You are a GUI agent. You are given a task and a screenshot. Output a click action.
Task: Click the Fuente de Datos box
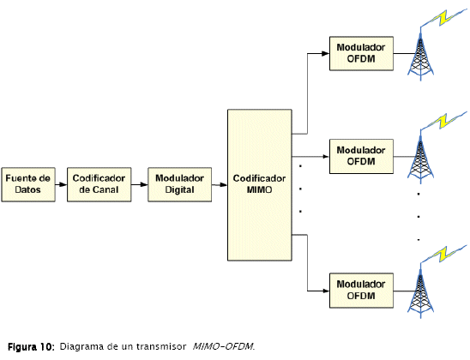point(28,184)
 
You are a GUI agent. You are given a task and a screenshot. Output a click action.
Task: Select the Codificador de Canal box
point(99,184)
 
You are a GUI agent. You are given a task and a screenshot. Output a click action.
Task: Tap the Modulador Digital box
point(179,184)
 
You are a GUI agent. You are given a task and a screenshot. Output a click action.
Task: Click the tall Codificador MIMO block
point(260,185)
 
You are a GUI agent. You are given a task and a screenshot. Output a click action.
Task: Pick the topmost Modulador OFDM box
point(361,54)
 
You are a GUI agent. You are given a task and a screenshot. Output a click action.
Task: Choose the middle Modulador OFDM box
point(361,156)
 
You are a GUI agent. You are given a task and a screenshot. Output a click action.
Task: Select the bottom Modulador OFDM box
point(361,291)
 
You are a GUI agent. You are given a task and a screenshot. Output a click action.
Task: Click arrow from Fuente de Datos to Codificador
point(61,184)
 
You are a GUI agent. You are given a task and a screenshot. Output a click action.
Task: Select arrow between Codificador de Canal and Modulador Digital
point(140,184)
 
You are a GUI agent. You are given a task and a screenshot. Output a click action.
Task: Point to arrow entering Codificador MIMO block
point(220,185)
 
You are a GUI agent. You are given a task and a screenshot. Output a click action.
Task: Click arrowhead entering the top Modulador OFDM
point(326,54)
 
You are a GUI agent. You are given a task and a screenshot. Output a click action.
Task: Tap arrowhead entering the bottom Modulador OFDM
point(326,291)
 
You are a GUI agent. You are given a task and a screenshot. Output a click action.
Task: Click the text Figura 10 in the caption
point(31,347)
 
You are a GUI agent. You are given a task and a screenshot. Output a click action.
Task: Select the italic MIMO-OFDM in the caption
point(223,346)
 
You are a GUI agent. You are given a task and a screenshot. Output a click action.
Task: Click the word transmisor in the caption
point(161,346)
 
